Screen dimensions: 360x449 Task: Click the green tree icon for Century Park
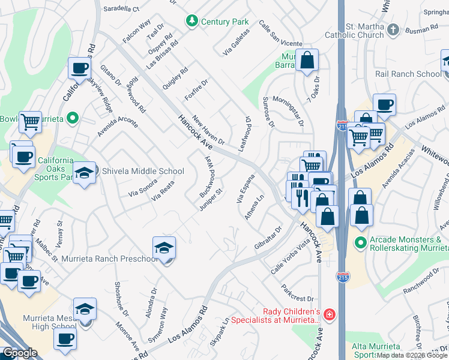(x=192, y=22)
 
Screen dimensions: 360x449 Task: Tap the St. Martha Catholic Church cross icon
(x=393, y=29)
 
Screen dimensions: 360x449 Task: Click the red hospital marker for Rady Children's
(x=328, y=315)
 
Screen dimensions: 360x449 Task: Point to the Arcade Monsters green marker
(x=360, y=243)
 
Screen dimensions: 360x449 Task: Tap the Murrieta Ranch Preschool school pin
(x=164, y=248)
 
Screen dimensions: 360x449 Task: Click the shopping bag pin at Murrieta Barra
(x=307, y=61)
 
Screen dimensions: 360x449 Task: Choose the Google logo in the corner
(x=20, y=353)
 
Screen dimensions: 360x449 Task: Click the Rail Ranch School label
(x=408, y=74)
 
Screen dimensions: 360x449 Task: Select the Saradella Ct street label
(x=121, y=9)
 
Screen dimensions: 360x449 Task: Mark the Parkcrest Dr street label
(x=298, y=293)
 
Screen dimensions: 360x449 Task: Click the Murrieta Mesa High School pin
(x=85, y=310)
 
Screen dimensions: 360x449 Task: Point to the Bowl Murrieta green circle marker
(x=73, y=118)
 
